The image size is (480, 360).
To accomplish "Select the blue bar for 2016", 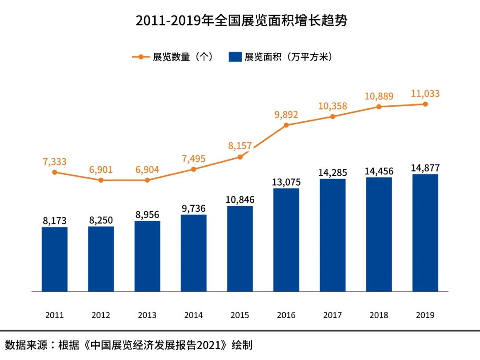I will tap(286, 240).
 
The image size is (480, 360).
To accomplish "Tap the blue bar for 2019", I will tap(425, 233).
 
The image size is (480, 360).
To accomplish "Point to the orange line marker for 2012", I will tap(101, 180).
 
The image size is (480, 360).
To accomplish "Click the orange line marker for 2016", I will tap(286, 125).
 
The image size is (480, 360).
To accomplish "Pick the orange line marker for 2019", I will tap(425, 104).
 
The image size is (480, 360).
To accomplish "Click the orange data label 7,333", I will tap(55, 162).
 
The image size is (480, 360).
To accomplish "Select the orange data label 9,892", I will tap(286, 115).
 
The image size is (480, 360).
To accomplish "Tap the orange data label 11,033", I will tap(425, 94).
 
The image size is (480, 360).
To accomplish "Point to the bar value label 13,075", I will tap(286, 182).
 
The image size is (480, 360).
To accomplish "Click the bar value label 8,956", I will tap(147, 215).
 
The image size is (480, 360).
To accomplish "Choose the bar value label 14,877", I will tap(425, 168).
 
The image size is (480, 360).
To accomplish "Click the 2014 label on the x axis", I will tap(193, 315).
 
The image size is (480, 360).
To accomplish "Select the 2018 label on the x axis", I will tap(379, 315).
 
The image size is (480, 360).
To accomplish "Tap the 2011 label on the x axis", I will tap(55, 315).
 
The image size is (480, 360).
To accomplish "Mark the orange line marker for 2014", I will tap(193, 169).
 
